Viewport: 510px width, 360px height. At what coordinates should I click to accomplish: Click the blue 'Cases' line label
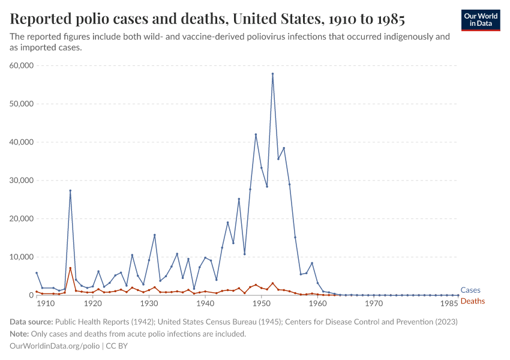[470, 290]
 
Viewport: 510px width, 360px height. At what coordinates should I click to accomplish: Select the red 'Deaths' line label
[472, 301]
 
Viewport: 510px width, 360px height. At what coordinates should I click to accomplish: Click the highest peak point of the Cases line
[272, 74]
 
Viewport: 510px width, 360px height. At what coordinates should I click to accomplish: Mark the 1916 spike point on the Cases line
[70, 191]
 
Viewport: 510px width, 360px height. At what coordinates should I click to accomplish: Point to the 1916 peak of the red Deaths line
[70, 268]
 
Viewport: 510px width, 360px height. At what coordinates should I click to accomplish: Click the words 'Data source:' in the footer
[31, 322]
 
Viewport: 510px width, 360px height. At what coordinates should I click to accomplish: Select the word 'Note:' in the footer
[20, 334]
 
